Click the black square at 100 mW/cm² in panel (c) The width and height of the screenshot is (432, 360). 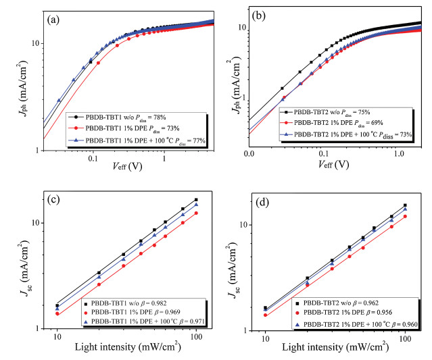pyautogui.click(x=196, y=200)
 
